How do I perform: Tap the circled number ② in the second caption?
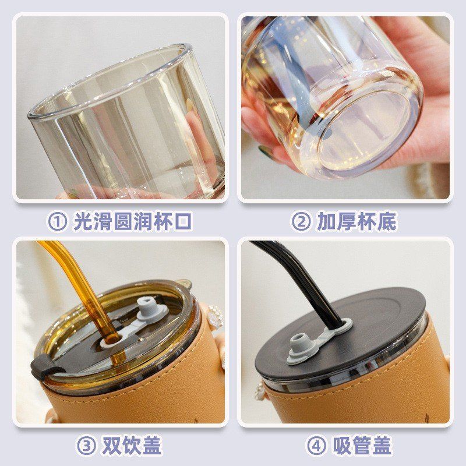point(301,221)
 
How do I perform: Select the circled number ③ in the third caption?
point(86,446)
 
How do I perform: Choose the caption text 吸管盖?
point(361,446)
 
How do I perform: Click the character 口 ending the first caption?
point(182,221)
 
